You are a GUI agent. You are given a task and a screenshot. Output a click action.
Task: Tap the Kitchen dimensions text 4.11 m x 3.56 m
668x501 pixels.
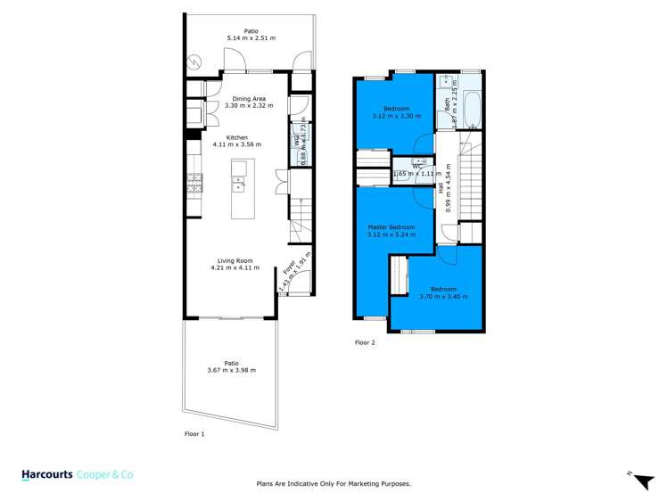[236, 144]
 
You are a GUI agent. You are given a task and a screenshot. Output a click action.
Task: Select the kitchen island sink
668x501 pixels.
[239, 185]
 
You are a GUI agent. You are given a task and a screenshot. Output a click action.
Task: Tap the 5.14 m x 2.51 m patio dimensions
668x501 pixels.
[251, 38]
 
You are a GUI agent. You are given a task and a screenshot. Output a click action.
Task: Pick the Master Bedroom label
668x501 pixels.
[391, 227]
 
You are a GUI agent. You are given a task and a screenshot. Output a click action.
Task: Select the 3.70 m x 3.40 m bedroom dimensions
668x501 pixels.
[443, 296]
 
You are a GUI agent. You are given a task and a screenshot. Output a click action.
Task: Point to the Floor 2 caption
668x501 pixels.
[366, 342]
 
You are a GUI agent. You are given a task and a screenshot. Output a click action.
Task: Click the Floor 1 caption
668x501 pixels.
[194, 434]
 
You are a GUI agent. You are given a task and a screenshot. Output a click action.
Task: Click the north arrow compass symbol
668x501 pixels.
[637, 479]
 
